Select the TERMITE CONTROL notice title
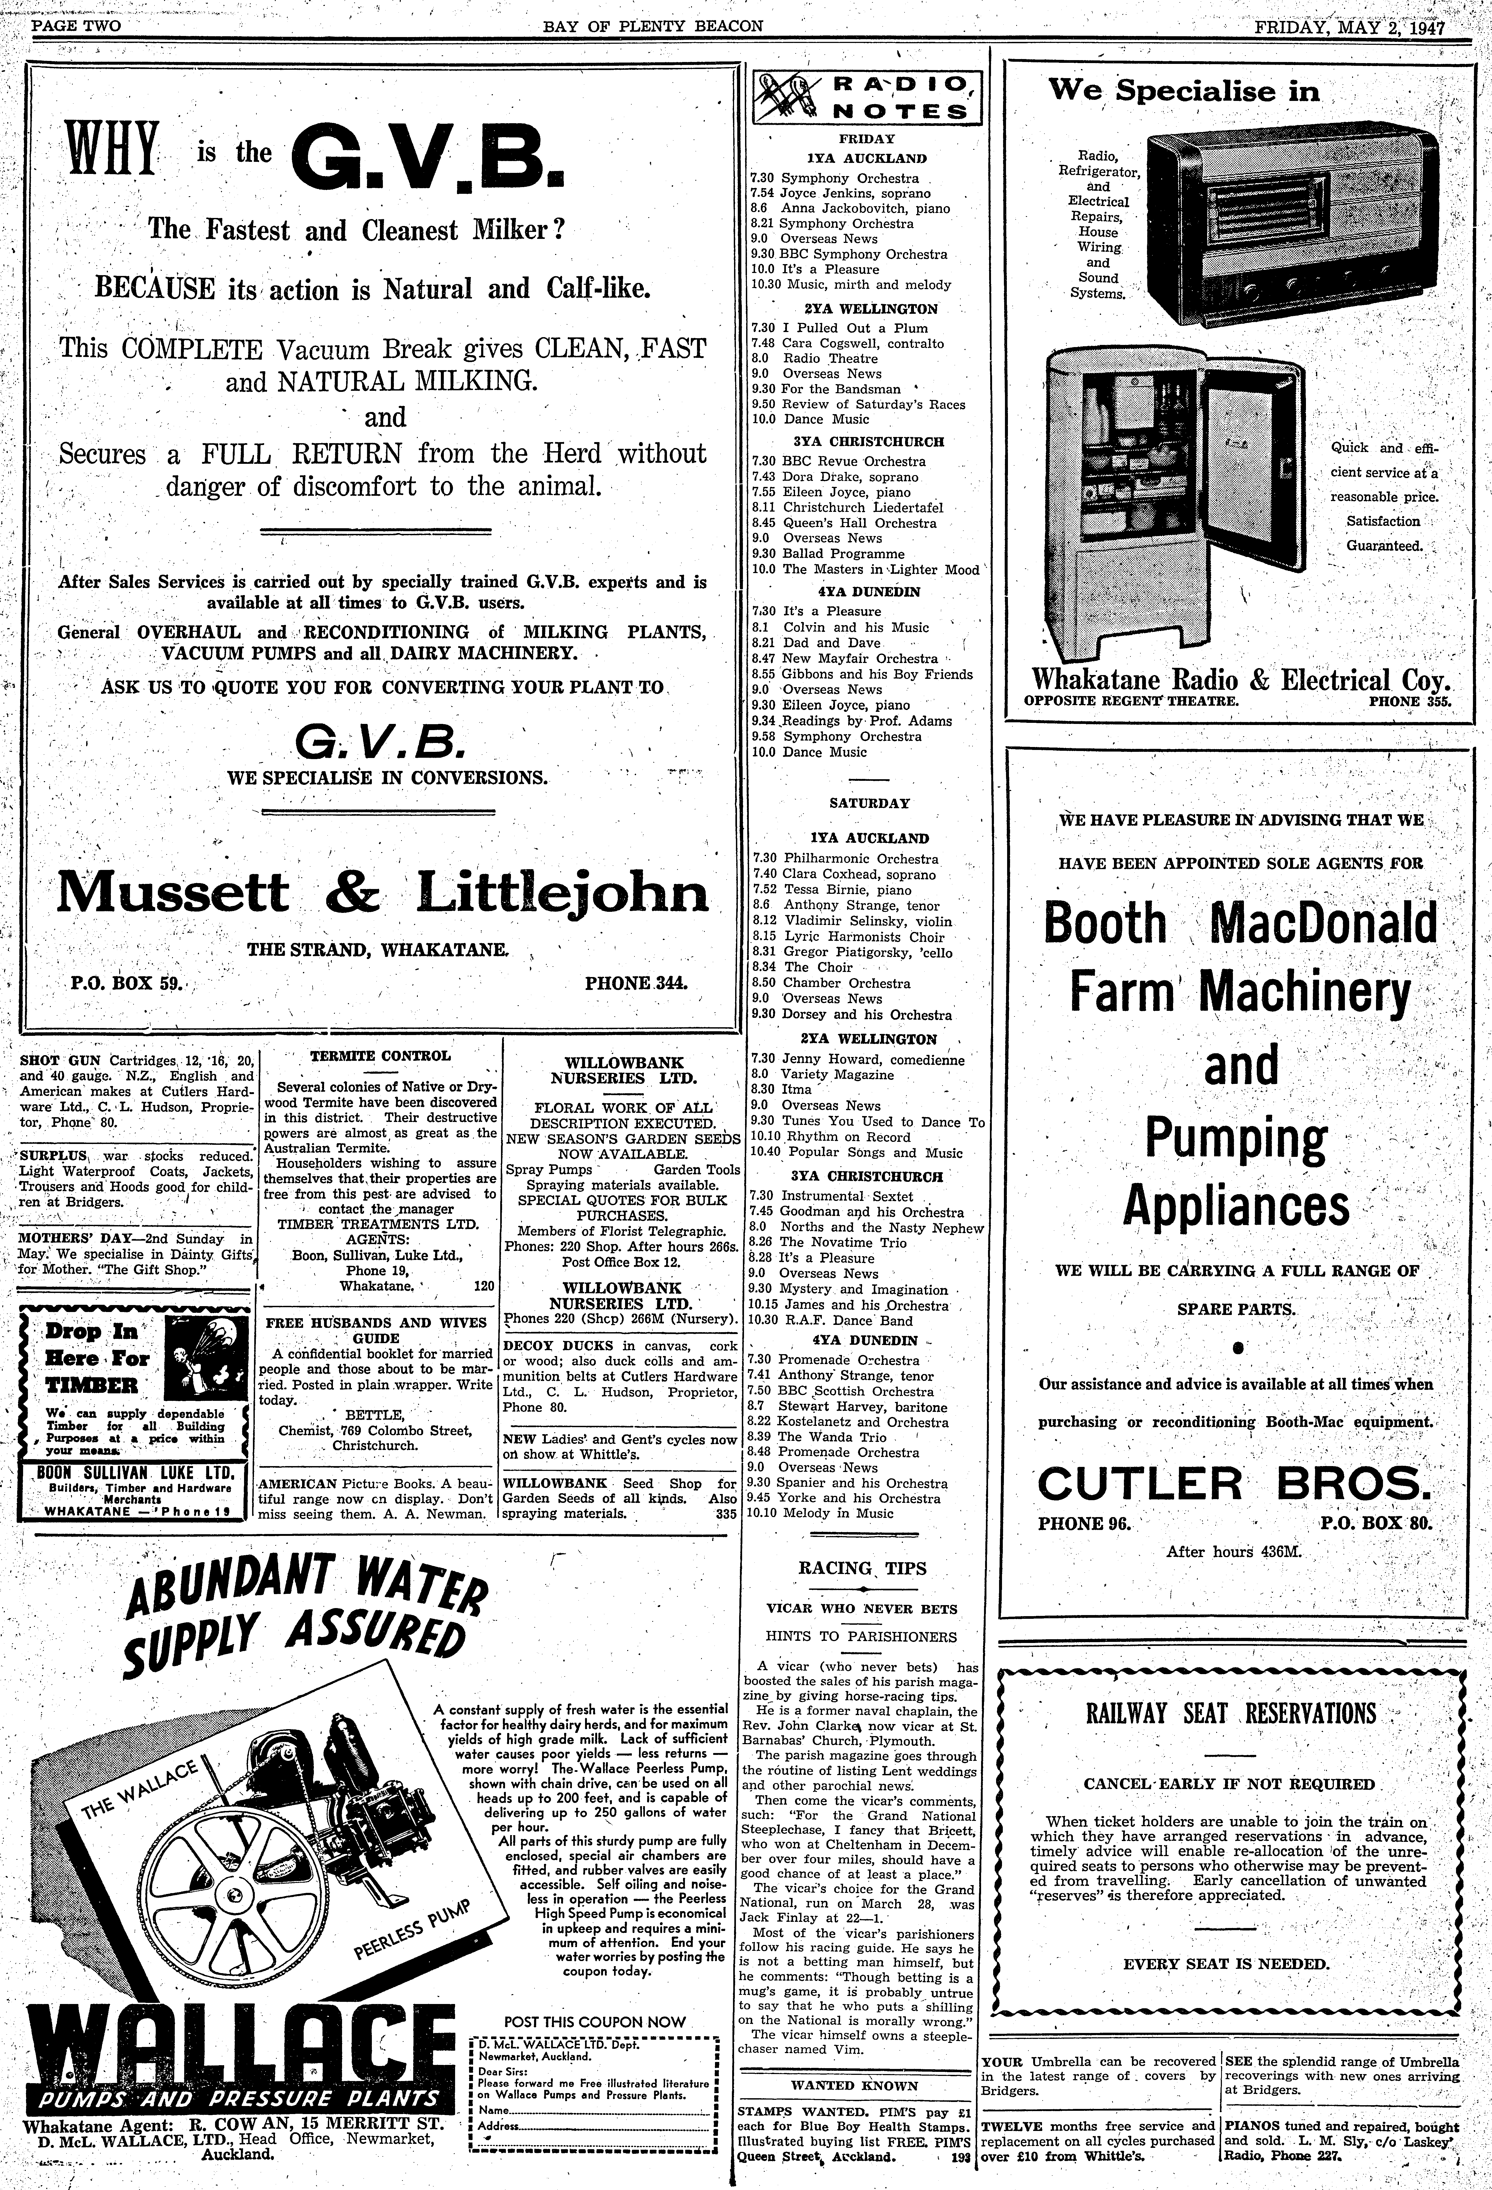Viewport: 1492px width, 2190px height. tap(381, 1056)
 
